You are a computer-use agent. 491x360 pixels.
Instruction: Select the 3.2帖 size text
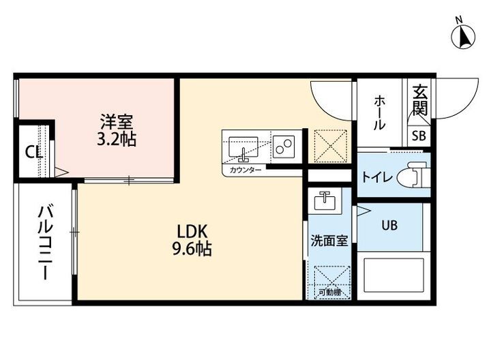(x=117, y=140)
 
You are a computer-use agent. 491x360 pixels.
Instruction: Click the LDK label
(x=192, y=230)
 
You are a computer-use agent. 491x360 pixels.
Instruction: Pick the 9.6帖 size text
(x=192, y=249)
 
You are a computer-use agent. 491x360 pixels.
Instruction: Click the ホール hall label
(x=381, y=112)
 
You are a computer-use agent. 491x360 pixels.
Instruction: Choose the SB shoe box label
(x=419, y=135)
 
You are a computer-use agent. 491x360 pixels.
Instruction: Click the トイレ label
(x=376, y=178)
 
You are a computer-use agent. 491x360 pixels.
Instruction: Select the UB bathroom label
(x=389, y=224)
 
